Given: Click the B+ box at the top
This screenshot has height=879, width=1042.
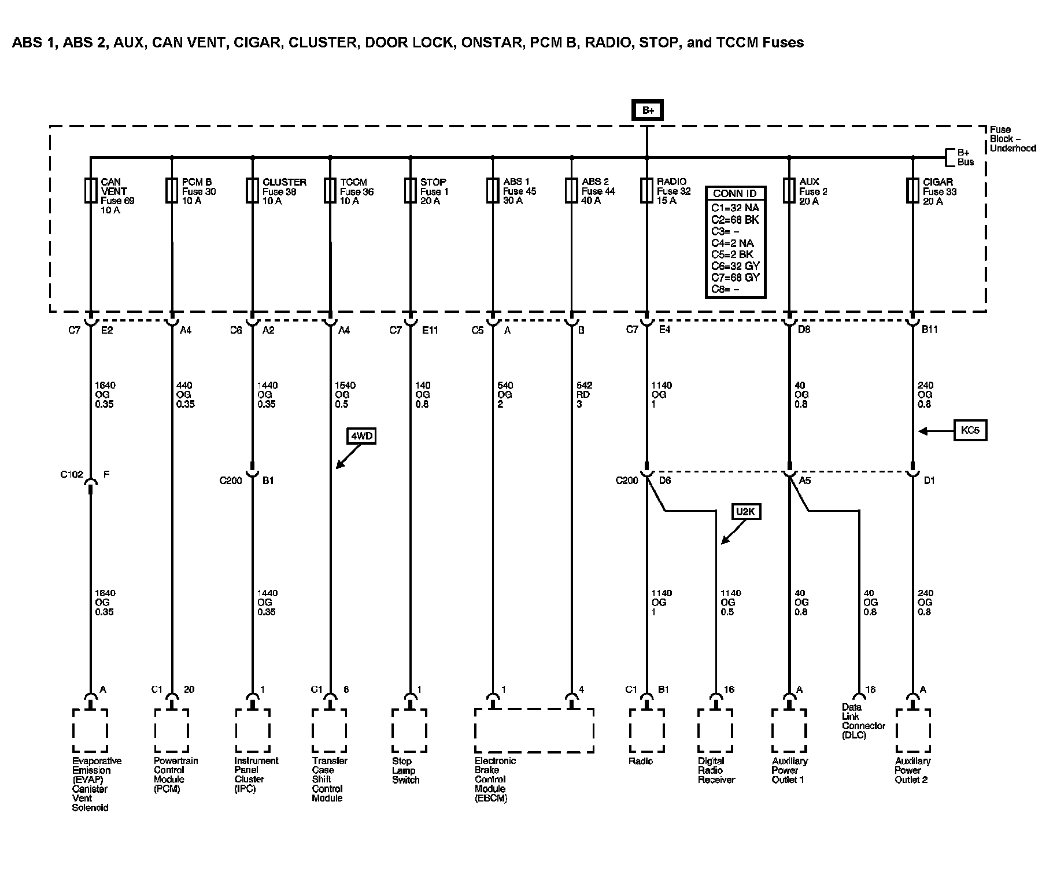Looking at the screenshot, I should pos(647,110).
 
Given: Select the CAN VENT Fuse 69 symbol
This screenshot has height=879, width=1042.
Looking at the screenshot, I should pos(91,190).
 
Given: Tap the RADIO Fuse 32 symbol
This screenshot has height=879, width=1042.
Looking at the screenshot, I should pos(646,190).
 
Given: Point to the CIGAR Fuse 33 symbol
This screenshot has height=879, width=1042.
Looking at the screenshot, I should pos(912,190).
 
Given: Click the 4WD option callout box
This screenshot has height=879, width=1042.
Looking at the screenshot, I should pos(361,435).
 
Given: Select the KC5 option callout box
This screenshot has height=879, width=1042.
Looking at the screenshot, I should pos(970,431).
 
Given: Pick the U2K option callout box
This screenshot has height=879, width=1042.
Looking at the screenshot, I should pos(745,512).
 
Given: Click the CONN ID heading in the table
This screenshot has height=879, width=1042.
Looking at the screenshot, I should pos(735,194).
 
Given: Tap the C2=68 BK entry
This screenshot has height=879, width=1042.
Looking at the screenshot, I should pos(735,220).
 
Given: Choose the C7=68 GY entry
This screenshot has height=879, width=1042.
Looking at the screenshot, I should pos(735,278).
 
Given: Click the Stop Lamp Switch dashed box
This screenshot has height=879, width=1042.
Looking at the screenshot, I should pos(409,730).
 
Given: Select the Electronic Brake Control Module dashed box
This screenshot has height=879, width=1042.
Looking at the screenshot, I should pos(534,730).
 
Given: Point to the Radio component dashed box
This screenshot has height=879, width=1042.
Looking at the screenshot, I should pos(646,730).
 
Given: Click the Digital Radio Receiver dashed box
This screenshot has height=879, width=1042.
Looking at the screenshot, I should pos(715,730).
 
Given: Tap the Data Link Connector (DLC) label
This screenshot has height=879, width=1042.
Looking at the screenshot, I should pos(863,721).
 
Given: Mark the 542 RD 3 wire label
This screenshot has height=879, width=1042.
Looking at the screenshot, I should pos(583,394).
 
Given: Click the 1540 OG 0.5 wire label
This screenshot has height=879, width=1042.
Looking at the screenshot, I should pos(345,394).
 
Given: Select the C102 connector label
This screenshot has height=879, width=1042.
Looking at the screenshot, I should pos(72,475).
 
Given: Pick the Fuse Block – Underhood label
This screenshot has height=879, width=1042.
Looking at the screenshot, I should pos(1012,139).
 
